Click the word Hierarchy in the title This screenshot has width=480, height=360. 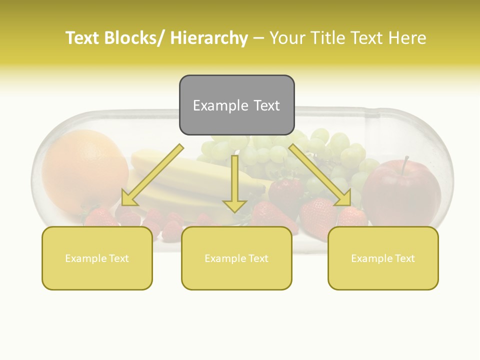[x=208, y=38]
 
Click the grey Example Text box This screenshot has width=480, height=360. [x=236, y=105]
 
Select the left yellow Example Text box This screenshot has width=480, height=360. [x=97, y=258]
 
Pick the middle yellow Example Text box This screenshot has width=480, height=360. [x=236, y=258]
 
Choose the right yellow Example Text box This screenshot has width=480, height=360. [x=383, y=258]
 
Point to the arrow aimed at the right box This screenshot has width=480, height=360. [x=320, y=175]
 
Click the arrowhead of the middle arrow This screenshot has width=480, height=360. [x=234, y=205]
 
